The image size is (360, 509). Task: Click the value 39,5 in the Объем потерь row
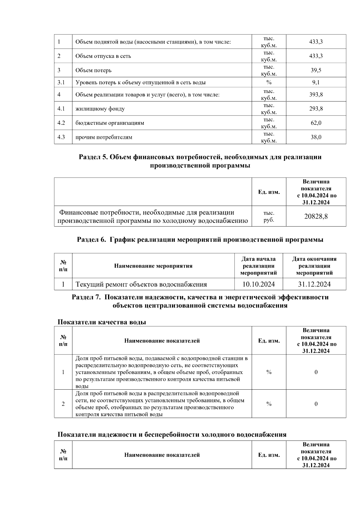tap(316, 70)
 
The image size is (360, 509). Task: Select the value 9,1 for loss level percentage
tap(316, 82)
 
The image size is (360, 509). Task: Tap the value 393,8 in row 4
tap(316, 95)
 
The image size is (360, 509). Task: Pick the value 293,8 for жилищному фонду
tap(316, 109)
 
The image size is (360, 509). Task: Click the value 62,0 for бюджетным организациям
tap(316, 123)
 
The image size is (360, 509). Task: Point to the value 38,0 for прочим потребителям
tap(316, 137)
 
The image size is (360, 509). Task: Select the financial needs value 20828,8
tap(316, 216)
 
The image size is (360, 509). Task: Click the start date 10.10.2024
tap(258, 284)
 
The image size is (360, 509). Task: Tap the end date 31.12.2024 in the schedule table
tap(314, 284)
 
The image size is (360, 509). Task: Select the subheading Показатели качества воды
tap(102, 322)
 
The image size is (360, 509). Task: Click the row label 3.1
tap(61, 82)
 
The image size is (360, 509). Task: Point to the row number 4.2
tap(61, 123)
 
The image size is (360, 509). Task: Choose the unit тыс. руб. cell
tap(268, 216)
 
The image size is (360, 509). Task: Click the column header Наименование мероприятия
tap(153, 266)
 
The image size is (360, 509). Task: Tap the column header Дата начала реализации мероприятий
tap(258, 266)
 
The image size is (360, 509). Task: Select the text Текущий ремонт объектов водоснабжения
tap(141, 284)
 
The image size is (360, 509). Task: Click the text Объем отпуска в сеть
tap(103, 56)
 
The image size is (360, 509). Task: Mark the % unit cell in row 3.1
tap(268, 82)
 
